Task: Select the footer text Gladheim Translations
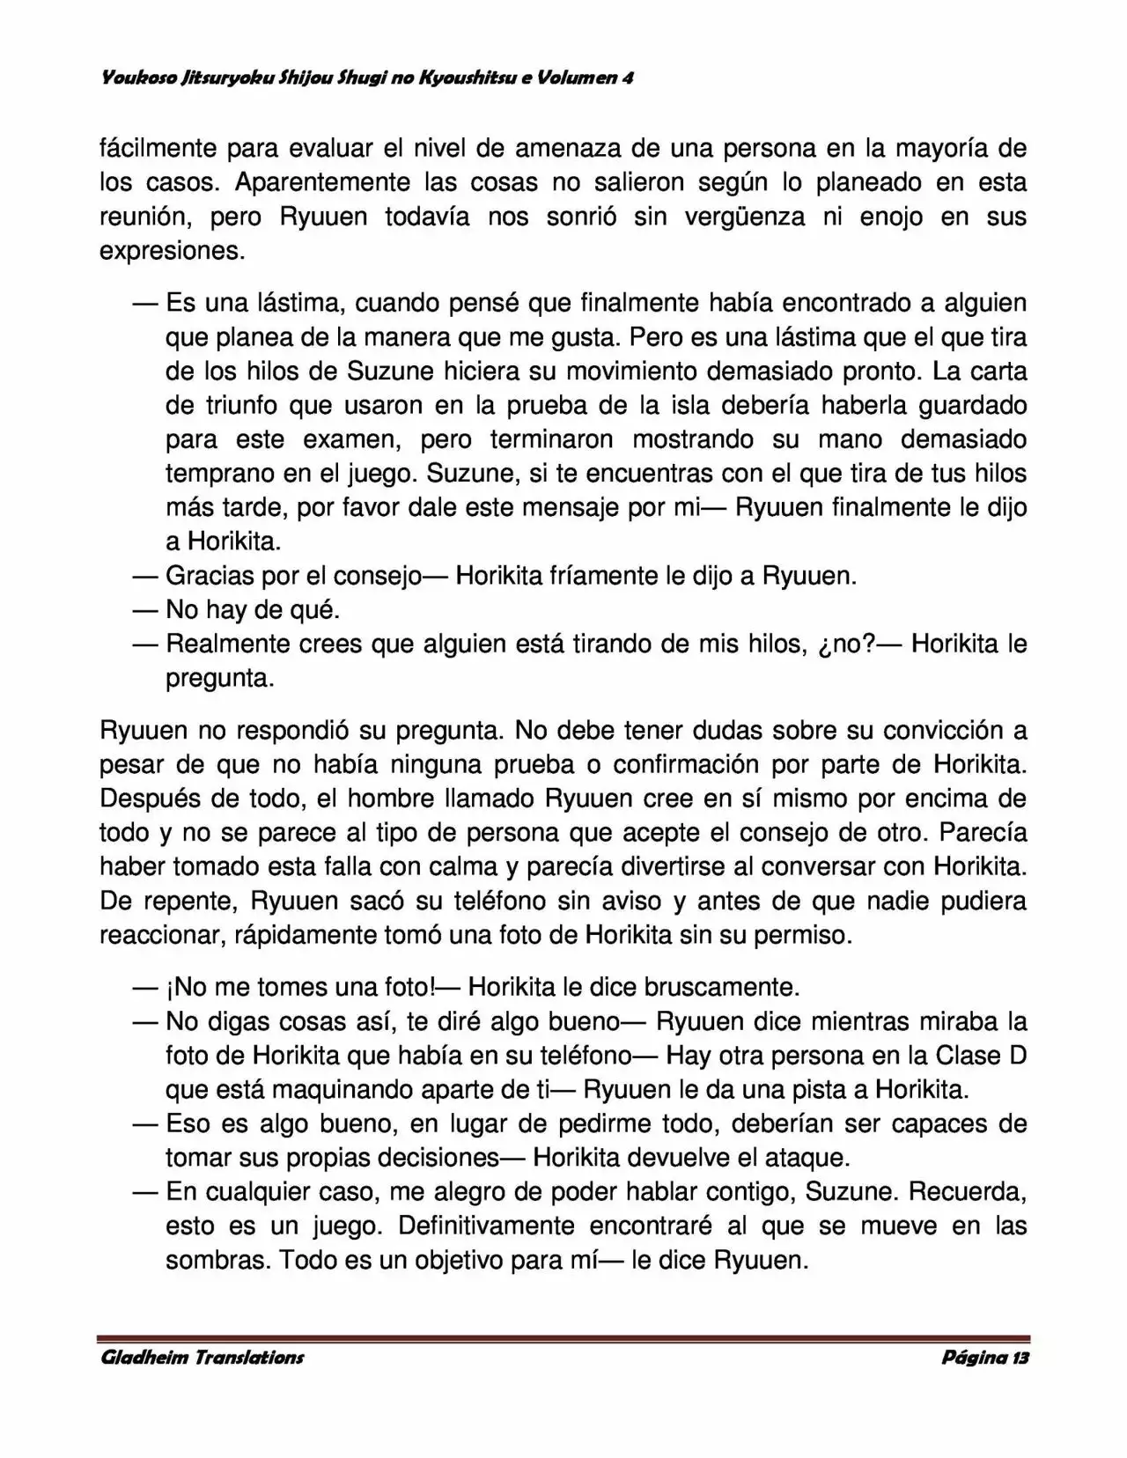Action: (202, 1357)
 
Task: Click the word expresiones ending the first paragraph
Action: (172, 251)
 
